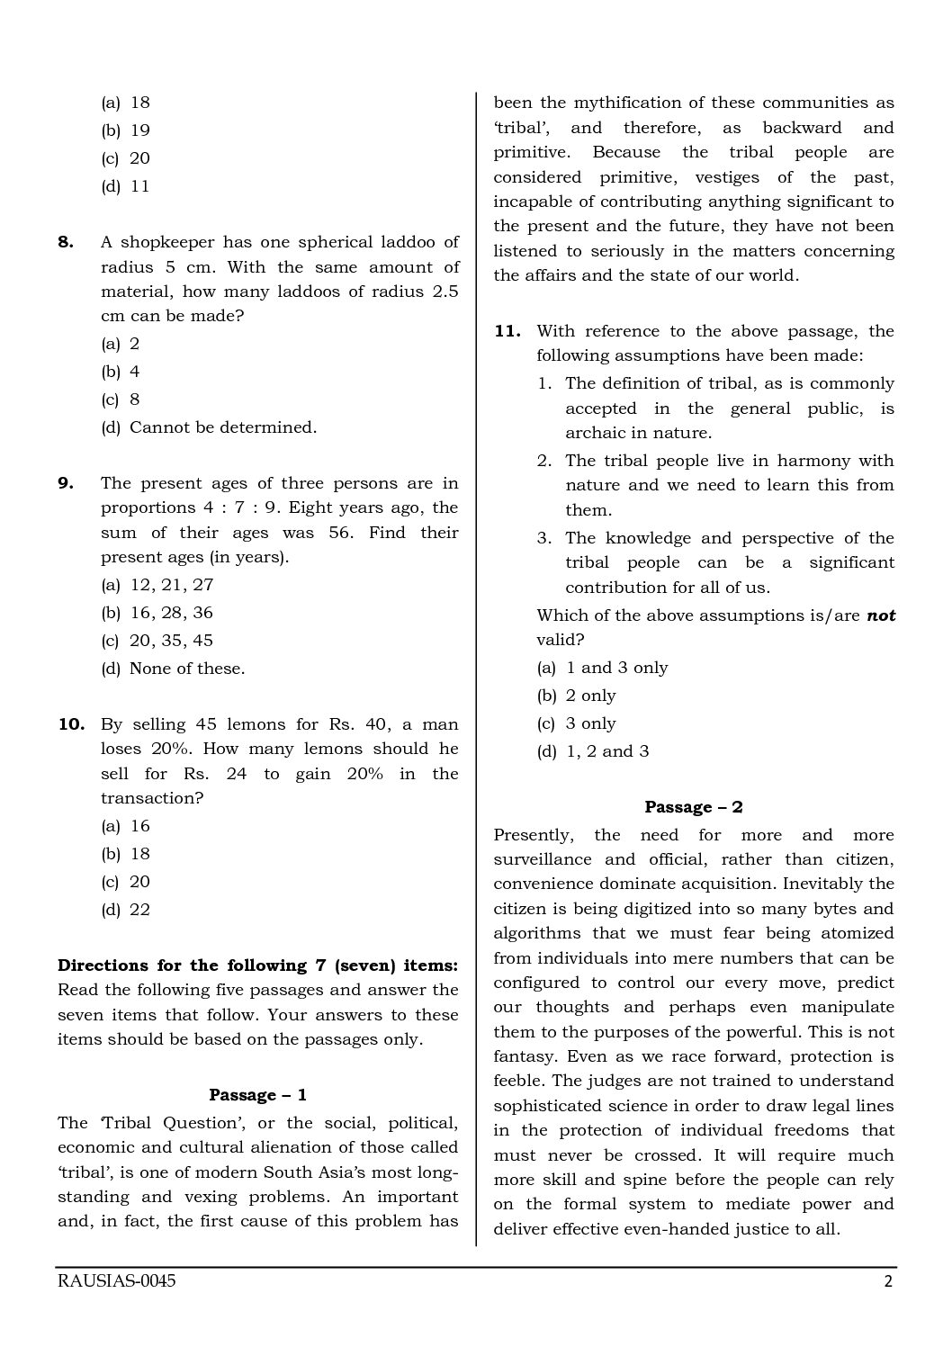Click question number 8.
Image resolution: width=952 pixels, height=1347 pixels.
pos(66,242)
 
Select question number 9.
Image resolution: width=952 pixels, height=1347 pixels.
pos(66,483)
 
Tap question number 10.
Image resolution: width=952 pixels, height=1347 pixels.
pos(70,724)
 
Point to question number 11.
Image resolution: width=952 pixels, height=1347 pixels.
pos(507,331)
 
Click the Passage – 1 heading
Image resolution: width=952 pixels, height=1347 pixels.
pos(257,1095)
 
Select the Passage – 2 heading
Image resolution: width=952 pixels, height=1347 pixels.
pos(693,807)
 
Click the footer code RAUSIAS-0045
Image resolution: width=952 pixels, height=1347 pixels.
pos(116,1282)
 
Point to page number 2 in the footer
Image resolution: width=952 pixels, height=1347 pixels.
pos(888,1282)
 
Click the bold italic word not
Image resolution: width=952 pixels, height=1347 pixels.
pos(881,616)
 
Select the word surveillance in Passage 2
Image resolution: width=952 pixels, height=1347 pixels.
pos(543,859)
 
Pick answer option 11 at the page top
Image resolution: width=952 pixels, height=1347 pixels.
pos(139,186)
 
